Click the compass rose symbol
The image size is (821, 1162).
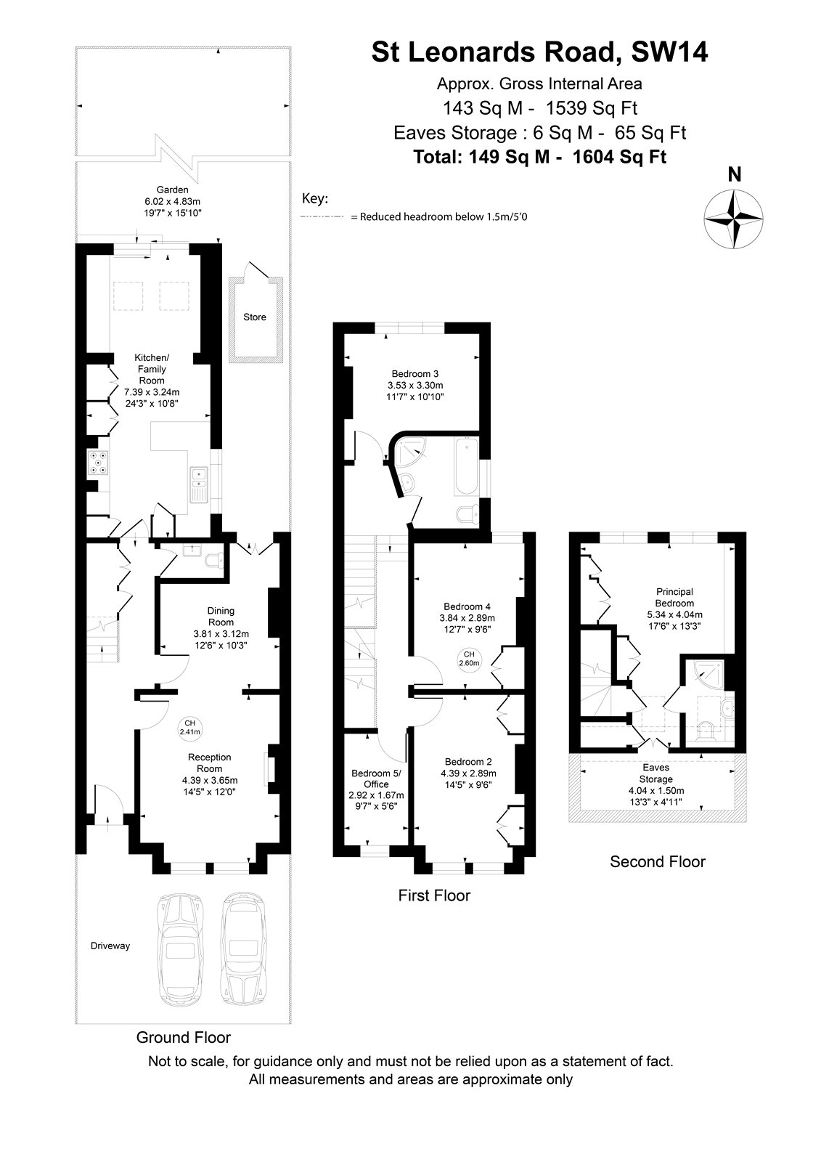pyautogui.click(x=733, y=219)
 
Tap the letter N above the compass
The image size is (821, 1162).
pyautogui.click(x=735, y=175)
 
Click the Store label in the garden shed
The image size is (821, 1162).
pyautogui.click(x=255, y=317)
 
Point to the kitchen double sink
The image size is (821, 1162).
pyautogui.click(x=199, y=484)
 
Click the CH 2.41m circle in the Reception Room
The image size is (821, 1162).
pyautogui.click(x=189, y=727)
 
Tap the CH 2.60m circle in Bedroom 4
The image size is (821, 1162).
pyautogui.click(x=469, y=658)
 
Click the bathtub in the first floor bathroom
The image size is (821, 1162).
pyautogui.click(x=466, y=466)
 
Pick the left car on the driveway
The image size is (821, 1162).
pyautogui.click(x=181, y=949)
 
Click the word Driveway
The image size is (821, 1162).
pyautogui.click(x=110, y=946)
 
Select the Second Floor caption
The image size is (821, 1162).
pyautogui.click(x=658, y=861)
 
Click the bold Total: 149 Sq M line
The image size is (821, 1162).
pyautogui.click(x=539, y=157)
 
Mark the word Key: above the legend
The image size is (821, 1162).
pyautogui.click(x=315, y=199)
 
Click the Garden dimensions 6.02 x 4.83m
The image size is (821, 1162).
pyautogui.click(x=173, y=201)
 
